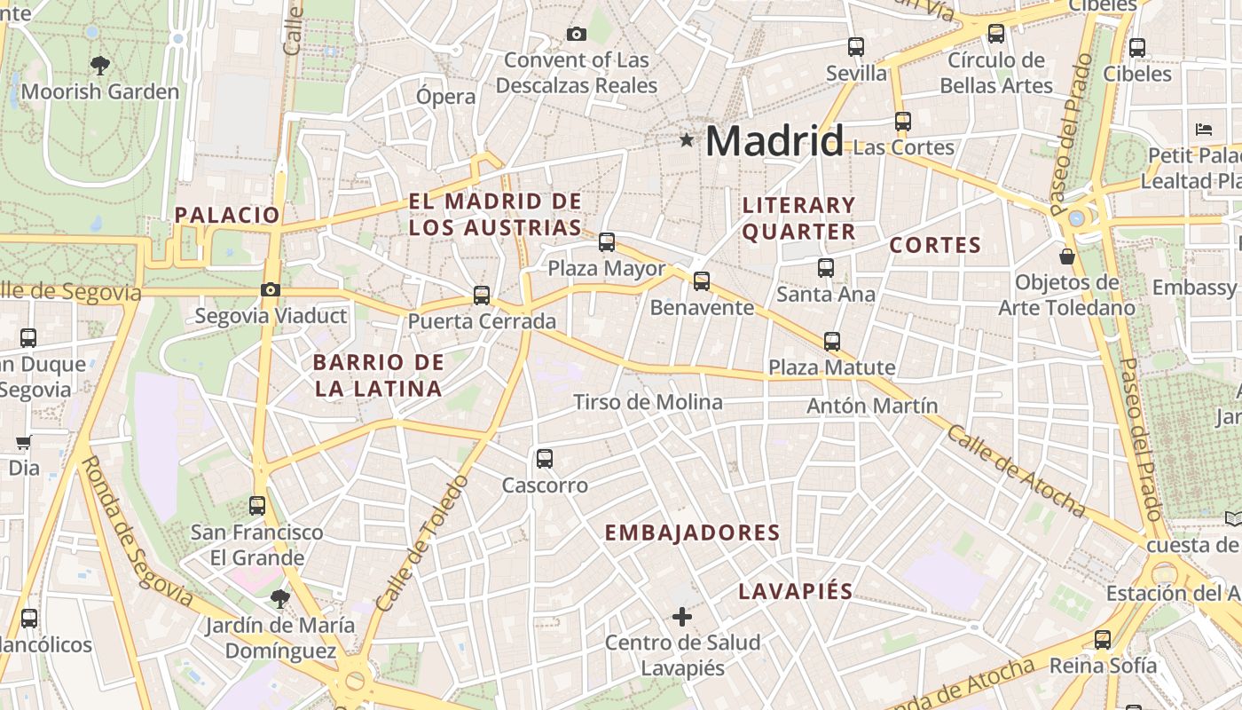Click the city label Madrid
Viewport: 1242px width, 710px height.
(774, 141)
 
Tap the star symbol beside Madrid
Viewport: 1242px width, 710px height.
(686, 139)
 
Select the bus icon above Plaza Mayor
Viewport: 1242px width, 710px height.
(607, 241)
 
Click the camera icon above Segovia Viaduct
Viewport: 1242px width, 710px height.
(271, 289)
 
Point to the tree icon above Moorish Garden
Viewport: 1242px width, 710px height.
(100, 65)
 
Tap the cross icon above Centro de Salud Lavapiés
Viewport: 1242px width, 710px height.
(682, 616)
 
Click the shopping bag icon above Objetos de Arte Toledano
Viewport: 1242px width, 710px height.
(1067, 256)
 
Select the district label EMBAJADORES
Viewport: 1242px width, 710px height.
(692, 532)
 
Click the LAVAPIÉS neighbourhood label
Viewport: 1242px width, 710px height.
(796, 592)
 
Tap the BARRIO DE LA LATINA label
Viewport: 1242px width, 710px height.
(378, 375)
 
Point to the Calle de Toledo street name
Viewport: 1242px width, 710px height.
(422, 543)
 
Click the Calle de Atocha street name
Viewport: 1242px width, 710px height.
(1016, 470)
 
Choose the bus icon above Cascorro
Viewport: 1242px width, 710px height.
(545, 459)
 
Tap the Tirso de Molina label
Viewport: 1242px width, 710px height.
(648, 402)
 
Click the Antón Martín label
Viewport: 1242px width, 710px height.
(872, 406)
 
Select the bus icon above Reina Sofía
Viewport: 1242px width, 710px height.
(1103, 639)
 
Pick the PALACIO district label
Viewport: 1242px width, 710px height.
(227, 215)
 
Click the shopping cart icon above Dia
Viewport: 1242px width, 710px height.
(23, 441)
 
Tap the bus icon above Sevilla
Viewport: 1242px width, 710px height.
(856, 47)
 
